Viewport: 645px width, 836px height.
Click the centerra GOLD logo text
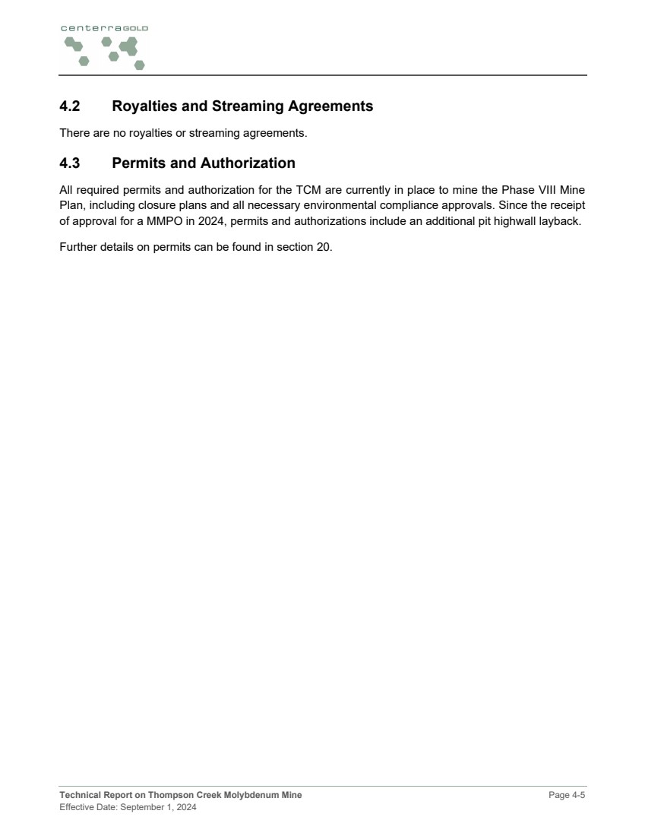[x=104, y=28]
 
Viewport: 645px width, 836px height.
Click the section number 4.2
[x=70, y=106]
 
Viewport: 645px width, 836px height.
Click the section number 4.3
[x=70, y=163]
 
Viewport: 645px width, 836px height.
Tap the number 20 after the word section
[x=325, y=247]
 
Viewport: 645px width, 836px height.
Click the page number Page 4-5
[x=567, y=795]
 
